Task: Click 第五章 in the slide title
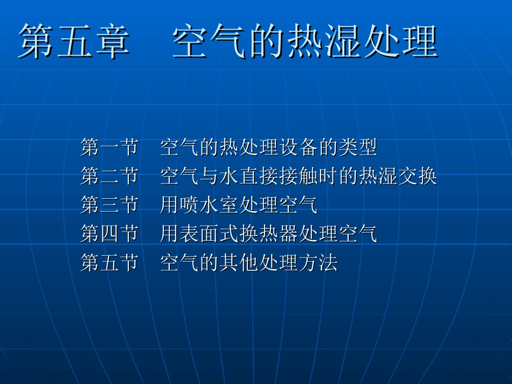pyautogui.click(x=74, y=42)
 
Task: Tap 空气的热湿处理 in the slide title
pyautogui.click(x=305, y=42)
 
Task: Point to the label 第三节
pyautogui.click(x=109, y=205)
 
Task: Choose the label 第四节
pyautogui.click(x=109, y=234)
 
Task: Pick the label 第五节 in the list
pyautogui.click(x=109, y=263)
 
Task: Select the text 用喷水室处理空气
pyautogui.click(x=239, y=205)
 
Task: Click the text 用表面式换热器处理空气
pyautogui.click(x=268, y=234)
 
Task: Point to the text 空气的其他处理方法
pyautogui.click(x=248, y=263)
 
